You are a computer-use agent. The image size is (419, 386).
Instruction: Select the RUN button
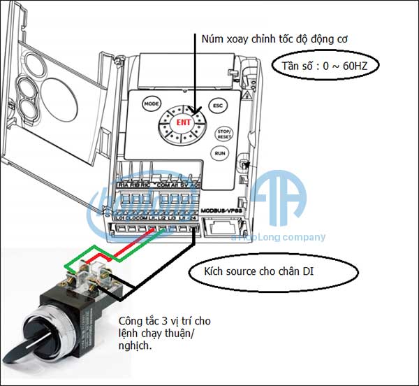[221, 152]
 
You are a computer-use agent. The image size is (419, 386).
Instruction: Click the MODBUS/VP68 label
[219, 210]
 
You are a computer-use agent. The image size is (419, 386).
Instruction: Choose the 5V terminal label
[183, 185]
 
